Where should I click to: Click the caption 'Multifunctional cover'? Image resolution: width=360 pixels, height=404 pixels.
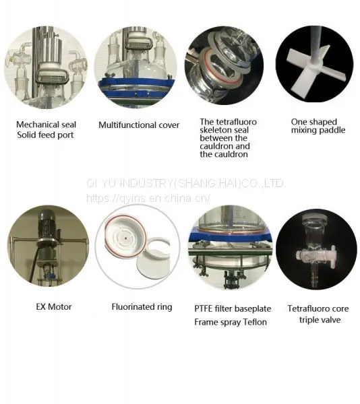(x=139, y=125)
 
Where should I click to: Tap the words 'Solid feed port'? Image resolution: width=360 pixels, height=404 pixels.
(x=45, y=135)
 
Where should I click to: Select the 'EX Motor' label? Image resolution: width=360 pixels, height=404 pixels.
(x=54, y=306)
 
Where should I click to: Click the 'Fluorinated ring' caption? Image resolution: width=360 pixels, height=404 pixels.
(x=142, y=307)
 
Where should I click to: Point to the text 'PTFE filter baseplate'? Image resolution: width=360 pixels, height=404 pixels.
(x=233, y=308)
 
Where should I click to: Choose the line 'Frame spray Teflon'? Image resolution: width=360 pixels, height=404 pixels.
(x=231, y=322)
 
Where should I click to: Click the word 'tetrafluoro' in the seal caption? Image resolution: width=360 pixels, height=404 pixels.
(x=237, y=122)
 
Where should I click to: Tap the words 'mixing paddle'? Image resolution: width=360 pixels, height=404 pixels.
(x=318, y=130)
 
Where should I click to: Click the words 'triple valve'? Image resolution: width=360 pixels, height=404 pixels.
(x=320, y=320)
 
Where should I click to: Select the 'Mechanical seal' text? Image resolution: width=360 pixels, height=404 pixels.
(x=46, y=125)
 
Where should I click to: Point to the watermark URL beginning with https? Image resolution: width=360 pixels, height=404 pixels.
(x=148, y=198)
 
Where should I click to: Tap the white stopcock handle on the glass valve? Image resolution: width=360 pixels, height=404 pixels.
(x=333, y=255)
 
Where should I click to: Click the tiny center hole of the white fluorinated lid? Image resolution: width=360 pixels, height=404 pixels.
(x=125, y=238)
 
